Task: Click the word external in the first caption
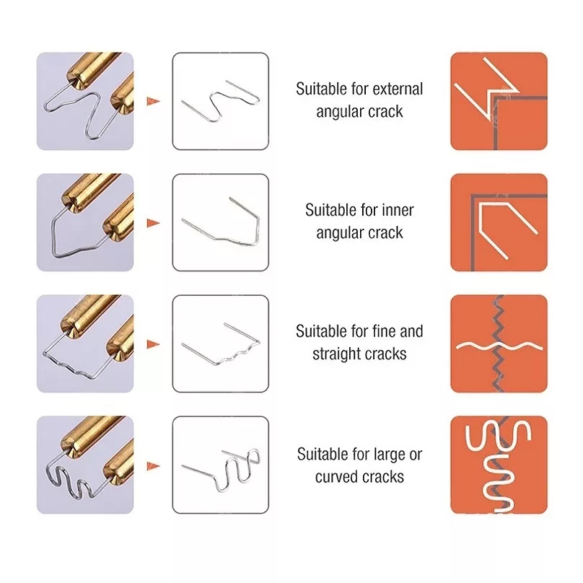[x=398, y=89]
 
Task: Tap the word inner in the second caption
[x=395, y=210]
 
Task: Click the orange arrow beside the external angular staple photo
[x=153, y=101]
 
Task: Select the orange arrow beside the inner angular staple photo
[x=153, y=223]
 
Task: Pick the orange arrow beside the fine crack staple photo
[x=153, y=344]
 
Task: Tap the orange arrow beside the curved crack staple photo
[x=153, y=466]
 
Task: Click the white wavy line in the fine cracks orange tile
[x=499, y=347]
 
